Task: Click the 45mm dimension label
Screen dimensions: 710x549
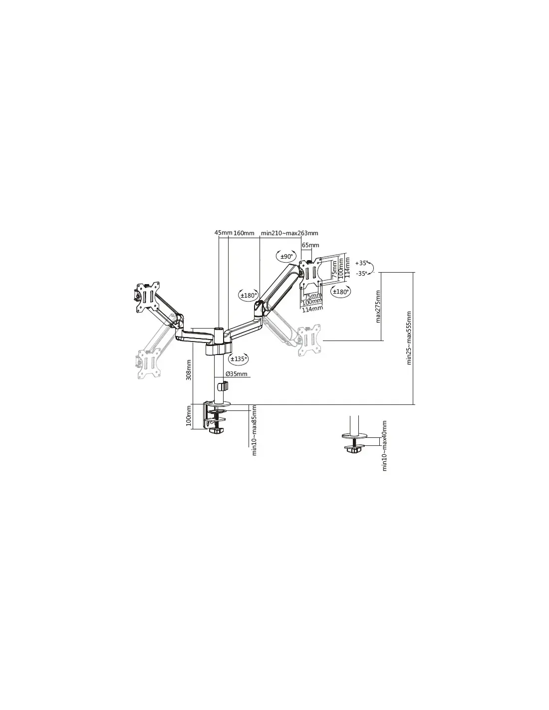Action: [x=223, y=233]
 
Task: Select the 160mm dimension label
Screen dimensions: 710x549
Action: [x=244, y=233]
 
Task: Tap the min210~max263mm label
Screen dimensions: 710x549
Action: [x=289, y=233]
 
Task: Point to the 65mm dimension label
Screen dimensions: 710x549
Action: [x=310, y=245]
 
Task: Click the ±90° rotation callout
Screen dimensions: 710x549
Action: [x=285, y=257]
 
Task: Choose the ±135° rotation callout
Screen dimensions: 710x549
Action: [x=238, y=358]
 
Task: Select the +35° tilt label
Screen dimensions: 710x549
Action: [x=361, y=263]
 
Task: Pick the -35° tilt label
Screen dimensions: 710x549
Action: [x=361, y=273]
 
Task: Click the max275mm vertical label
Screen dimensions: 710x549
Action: [x=378, y=307]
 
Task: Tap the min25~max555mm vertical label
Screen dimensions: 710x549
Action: [x=409, y=338]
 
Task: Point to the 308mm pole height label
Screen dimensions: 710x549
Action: [x=189, y=370]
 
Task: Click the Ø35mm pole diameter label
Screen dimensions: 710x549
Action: [x=237, y=374]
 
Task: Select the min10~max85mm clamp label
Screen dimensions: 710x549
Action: [x=254, y=430]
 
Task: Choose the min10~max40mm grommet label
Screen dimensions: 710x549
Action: [x=384, y=446]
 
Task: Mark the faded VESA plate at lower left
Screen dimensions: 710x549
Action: [x=148, y=363]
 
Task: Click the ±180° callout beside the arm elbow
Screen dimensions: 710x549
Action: [x=249, y=295]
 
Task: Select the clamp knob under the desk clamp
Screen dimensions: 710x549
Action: [x=217, y=430]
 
